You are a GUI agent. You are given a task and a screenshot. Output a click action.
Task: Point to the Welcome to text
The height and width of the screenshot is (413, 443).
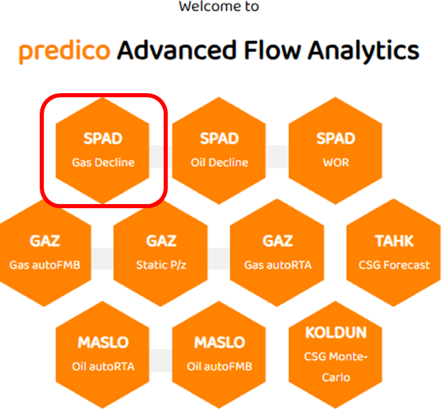(x=219, y=7)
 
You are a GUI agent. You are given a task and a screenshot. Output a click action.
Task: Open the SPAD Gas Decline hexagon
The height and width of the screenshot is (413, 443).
(x=103, y=150)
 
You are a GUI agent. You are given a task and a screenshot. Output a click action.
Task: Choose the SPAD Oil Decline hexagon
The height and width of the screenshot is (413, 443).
(x=219, y=150)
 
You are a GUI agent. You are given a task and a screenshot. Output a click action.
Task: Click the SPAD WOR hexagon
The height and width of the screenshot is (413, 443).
(x=336, y=150)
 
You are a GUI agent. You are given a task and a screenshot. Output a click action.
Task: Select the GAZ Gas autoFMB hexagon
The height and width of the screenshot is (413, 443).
(x=45, y=252)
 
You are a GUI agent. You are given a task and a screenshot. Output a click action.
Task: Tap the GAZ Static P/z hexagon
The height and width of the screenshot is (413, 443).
(x=161, y=252)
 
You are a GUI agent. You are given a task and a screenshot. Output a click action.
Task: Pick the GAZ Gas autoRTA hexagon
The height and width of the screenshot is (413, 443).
(x=277, y=252)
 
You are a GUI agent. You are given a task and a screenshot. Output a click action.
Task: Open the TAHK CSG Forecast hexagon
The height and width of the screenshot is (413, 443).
(x=394, y=252)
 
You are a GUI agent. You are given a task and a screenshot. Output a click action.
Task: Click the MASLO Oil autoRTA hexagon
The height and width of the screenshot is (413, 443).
(x=103, y=353)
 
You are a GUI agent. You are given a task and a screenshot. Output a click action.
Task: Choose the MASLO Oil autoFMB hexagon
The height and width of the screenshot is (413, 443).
(x=219, y=353)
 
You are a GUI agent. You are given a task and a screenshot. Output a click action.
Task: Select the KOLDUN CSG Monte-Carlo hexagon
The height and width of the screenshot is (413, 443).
(x=336, y=353)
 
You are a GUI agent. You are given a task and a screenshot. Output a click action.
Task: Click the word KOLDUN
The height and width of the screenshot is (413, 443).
(x=336, y=334)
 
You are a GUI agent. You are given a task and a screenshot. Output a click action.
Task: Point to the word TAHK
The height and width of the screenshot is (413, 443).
(x=394, y=241)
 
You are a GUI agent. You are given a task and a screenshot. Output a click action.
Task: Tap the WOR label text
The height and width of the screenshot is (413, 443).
(x=336, y=163)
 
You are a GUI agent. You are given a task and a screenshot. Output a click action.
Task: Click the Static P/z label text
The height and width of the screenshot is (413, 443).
(x=161, y=265)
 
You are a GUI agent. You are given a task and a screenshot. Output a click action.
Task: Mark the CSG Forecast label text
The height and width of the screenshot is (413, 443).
(x=394, y=265)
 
